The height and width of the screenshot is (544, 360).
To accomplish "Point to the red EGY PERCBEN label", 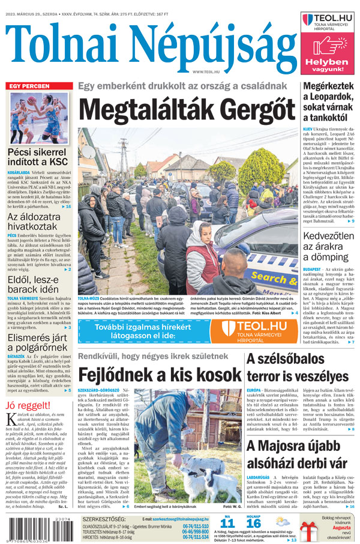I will tap(29, 86).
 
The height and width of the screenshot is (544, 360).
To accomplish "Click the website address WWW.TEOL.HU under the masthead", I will tap(205, 72).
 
